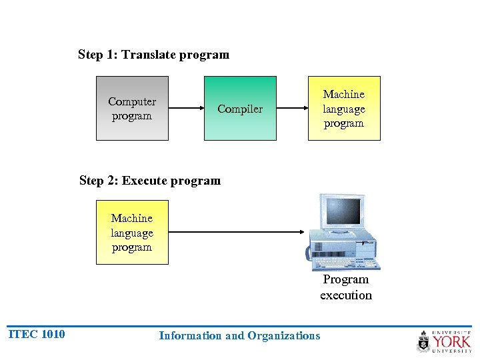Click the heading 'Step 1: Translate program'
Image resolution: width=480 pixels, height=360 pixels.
point(153,55)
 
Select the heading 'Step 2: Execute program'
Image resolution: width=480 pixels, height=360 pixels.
point(149,181)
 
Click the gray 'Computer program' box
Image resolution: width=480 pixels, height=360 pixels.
point(132,109)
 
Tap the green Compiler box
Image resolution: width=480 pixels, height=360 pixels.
point(240,109)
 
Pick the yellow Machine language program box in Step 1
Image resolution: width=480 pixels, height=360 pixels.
point(344,109)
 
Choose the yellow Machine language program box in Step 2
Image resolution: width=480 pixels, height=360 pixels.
point(132,233)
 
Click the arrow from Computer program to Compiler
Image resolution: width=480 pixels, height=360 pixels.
point(186,108)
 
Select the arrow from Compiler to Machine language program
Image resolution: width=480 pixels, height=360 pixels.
point(291,108)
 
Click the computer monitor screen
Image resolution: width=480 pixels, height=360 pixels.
point(341,211)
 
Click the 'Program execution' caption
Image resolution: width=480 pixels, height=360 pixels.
point(345,287)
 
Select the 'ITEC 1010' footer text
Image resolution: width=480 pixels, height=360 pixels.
point(37,335)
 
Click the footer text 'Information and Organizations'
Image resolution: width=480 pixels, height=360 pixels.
point(239,336)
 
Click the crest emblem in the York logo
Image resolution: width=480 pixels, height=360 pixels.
point(424,341)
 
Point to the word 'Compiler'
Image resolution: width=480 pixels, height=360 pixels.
point(240,109)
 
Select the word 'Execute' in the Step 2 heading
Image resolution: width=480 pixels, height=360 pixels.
point(145,181)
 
